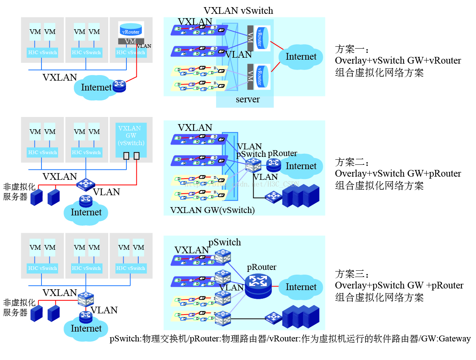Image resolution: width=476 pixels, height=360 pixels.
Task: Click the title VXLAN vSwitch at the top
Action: click(x=238, y=11)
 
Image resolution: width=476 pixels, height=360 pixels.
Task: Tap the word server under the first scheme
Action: click(x=248, y=99)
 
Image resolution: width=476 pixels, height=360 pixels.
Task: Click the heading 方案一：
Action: click(x=352, y=50)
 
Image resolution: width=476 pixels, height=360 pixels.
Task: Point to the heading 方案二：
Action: click(x=352, y=162)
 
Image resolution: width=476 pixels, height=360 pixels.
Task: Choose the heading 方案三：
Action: click(x=352, y=274)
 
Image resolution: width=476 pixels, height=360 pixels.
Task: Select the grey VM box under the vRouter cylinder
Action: click(x=131, y=41)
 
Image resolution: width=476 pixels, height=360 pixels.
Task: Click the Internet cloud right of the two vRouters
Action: click(x=301, y=57)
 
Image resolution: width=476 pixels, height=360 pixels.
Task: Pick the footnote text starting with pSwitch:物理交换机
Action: click(x=290, y=339)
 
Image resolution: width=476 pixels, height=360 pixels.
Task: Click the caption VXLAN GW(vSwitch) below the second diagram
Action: click(x=212, y=210)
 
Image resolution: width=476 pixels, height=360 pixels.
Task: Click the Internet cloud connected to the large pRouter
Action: click(x=301, y=287)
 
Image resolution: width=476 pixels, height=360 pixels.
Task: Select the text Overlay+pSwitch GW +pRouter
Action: click(x=399, y=285)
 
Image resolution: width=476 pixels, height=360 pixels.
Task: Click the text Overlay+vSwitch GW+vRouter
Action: click(x=398, y=61)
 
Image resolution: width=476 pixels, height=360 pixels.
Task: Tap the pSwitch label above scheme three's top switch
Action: click(x=224, y=242)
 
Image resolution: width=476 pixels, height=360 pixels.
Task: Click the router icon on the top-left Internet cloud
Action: click(x=119, y=86)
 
